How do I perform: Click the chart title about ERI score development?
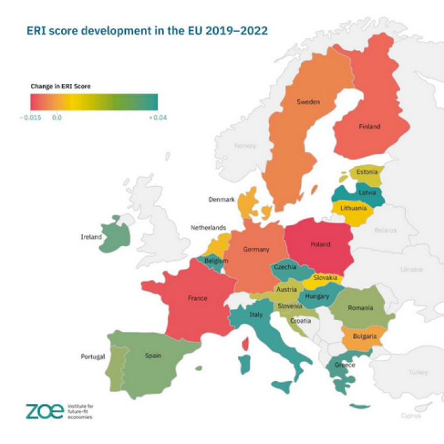(147, 30)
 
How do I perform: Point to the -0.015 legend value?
(30, 117)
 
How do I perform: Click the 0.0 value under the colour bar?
(57, 117)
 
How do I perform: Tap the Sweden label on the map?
(308, 102)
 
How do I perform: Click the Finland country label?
(369, 127)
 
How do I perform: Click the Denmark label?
(221, 200)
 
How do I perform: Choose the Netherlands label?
(208, 228)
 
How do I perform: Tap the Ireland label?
(91, 237)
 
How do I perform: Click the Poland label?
(320, 244)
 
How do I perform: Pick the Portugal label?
(92, 356)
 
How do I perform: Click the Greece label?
(344, 365)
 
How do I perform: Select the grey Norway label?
(245, 146)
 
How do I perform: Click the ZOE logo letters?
(44, 411)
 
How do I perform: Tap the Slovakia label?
(326, 278)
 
